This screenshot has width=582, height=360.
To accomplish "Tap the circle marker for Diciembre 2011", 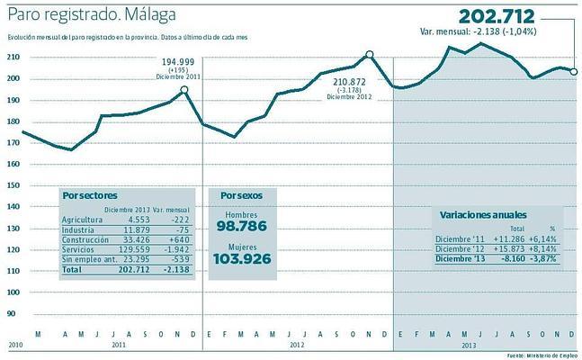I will [x=184, y=89].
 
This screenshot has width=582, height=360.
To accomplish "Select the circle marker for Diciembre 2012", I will [x=370, y=55].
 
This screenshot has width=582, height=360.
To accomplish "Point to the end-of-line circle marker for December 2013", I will [x=575, y=72].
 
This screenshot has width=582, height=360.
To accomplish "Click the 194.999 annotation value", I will [x=178, y=61].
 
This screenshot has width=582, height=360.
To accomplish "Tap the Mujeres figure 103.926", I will [x=241, y=259].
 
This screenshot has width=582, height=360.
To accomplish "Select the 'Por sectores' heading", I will [x=90, y=195].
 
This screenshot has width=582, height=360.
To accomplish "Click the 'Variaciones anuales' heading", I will [x=483, y=215].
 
